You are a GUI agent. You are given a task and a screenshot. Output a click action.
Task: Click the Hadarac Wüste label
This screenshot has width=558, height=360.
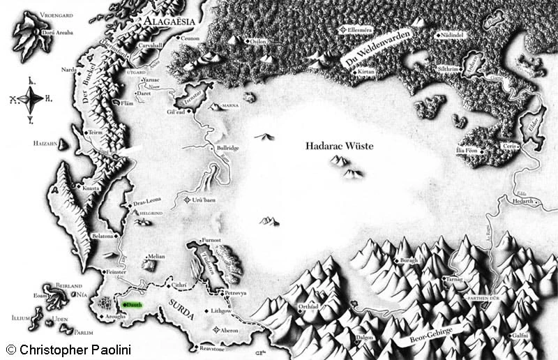[340, 147]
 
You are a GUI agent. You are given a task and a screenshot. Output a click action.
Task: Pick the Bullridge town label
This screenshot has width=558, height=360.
[228, 149]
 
